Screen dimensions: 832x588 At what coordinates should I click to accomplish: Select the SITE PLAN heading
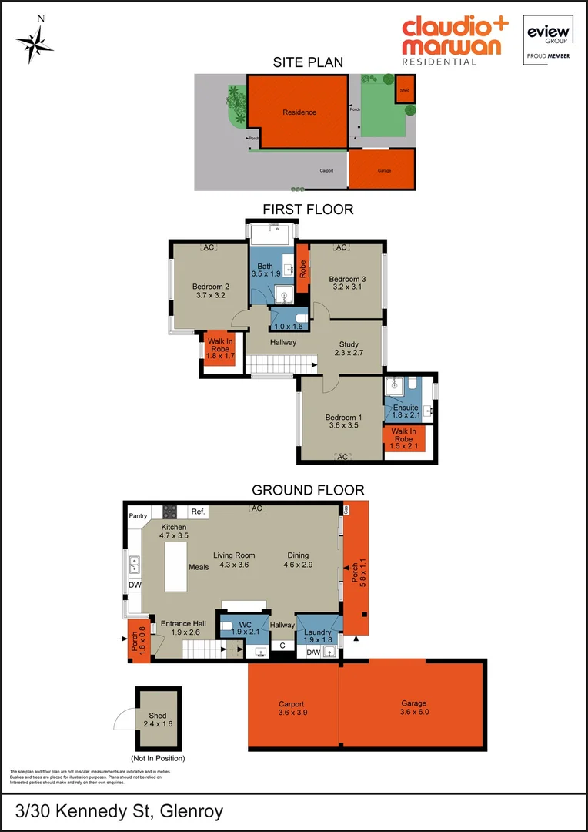coord(308,62)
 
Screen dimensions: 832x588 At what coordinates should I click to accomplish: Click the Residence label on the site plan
coord(299,112)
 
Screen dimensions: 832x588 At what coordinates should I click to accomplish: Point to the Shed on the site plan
coord(405,89)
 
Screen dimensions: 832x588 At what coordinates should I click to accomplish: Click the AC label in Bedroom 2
coord(208,247)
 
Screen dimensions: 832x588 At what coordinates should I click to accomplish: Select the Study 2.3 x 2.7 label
coord(349,347)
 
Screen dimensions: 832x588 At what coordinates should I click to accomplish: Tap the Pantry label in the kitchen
coord(139,515)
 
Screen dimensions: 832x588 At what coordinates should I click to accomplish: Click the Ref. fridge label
coord(198,512)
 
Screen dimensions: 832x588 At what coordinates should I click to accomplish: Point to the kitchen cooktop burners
coord(169,511)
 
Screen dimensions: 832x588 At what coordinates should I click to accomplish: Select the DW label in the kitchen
coord(135,585)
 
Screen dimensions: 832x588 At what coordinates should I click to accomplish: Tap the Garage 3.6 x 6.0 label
coord(414,708)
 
